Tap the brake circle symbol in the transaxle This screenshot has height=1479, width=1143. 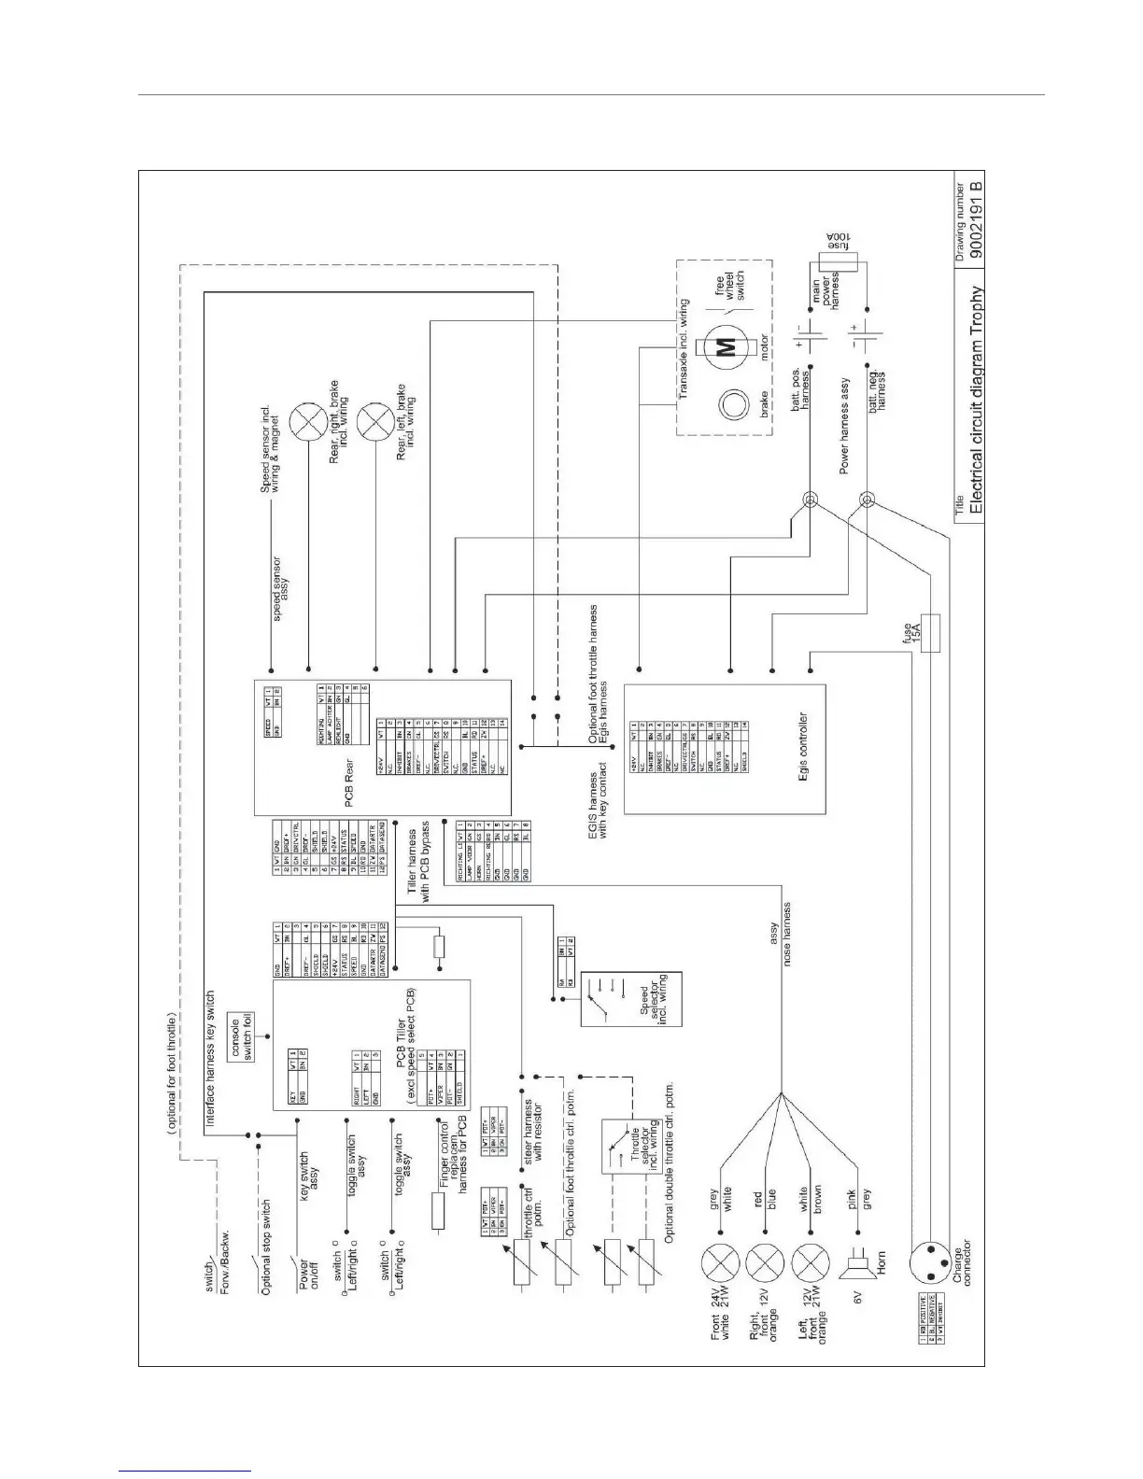[x=730, y=407]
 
